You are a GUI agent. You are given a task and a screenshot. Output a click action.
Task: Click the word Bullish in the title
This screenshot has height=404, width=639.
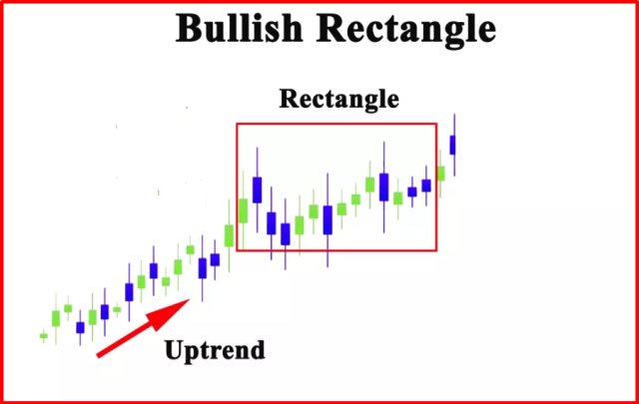click(239, 29)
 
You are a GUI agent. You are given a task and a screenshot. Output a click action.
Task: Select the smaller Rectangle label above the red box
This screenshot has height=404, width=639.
click(338, 99)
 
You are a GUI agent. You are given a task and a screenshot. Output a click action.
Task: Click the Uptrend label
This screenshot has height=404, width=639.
click(215, 350)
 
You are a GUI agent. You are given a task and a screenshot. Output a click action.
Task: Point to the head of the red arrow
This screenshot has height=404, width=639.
click(189, 299)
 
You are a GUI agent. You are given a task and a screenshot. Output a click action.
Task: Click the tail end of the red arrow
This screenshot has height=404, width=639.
click(98, 356)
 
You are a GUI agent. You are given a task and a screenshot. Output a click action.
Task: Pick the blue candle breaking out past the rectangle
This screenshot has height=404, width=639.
click(452, 145)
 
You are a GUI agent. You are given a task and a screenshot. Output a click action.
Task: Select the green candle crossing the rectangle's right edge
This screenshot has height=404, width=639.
click(440, 174)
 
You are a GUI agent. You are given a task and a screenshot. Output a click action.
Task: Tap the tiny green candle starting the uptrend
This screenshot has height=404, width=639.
click(44, 336)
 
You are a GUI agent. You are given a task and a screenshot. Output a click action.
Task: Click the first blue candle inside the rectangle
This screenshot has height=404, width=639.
click(258, 190)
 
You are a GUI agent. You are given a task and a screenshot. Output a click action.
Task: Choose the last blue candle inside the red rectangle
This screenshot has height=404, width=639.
click(426, 186)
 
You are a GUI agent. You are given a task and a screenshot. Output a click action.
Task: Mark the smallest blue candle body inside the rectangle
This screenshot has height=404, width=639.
click(412, 192)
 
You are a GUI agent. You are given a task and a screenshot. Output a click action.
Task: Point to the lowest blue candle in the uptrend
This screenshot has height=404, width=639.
click(80, 327)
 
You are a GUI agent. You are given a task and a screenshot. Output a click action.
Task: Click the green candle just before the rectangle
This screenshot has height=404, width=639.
click(229, 235)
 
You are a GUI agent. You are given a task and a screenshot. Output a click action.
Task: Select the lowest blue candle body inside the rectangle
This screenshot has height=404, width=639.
click(286, 234)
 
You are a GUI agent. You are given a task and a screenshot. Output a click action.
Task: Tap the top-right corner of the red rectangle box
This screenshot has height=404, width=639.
click(436, 124)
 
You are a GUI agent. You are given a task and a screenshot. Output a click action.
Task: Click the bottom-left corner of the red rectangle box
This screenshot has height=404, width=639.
click(238, 250)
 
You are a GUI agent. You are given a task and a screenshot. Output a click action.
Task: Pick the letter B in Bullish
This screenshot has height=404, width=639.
click(189, 29)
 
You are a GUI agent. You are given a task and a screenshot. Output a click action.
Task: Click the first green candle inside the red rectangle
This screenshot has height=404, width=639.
click(244, 210)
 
